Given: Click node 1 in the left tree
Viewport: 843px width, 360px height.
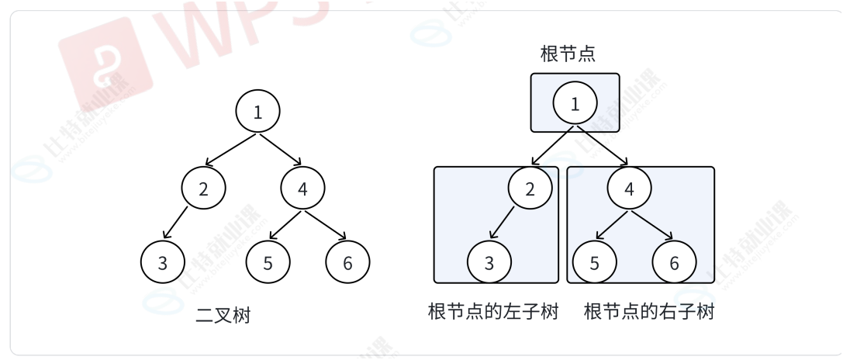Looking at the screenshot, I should (257, 112).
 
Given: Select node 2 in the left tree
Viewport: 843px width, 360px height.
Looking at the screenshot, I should (203, 188).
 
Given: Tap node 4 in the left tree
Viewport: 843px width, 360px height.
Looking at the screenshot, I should (302, 188).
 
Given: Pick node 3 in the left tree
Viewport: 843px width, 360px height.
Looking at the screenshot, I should (162, 262).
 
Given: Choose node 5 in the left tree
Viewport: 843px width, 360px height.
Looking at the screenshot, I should (268, 262).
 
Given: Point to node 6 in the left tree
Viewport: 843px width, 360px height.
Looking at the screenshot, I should (347, 262).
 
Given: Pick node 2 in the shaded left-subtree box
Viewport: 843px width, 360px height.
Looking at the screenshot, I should (530, 188).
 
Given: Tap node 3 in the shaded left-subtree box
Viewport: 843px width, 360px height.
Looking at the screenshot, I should (489, 262).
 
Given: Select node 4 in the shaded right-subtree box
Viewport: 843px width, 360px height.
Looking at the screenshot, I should (629, 188).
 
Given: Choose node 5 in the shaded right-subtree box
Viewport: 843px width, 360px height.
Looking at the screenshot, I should (594, 262).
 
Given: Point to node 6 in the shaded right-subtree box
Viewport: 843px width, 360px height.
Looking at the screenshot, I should (674, 262).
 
